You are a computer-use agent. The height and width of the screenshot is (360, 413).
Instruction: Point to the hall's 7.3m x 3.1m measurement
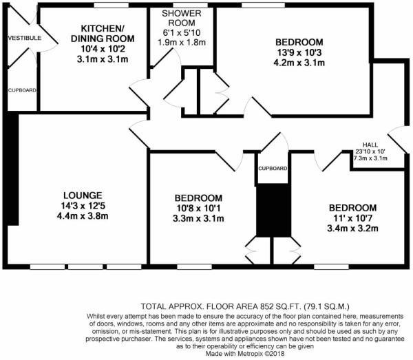pos(370,158)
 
